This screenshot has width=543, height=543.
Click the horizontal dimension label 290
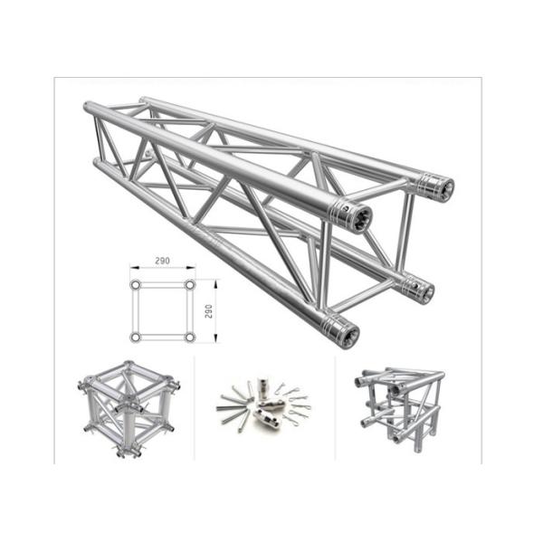tap(162, 261)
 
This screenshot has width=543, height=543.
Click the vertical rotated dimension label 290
tap(208, 311)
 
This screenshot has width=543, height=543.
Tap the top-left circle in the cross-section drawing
tap(135, 285)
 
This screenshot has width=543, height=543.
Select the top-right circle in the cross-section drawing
tap(190, 285)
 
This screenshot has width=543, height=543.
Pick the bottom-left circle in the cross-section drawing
tap(135, 337)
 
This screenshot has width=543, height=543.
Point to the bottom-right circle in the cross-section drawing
tap(190, 337)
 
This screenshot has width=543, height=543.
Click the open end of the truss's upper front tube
tap(360, 219)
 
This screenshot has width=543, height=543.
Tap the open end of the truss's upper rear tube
tap(444, 190)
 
